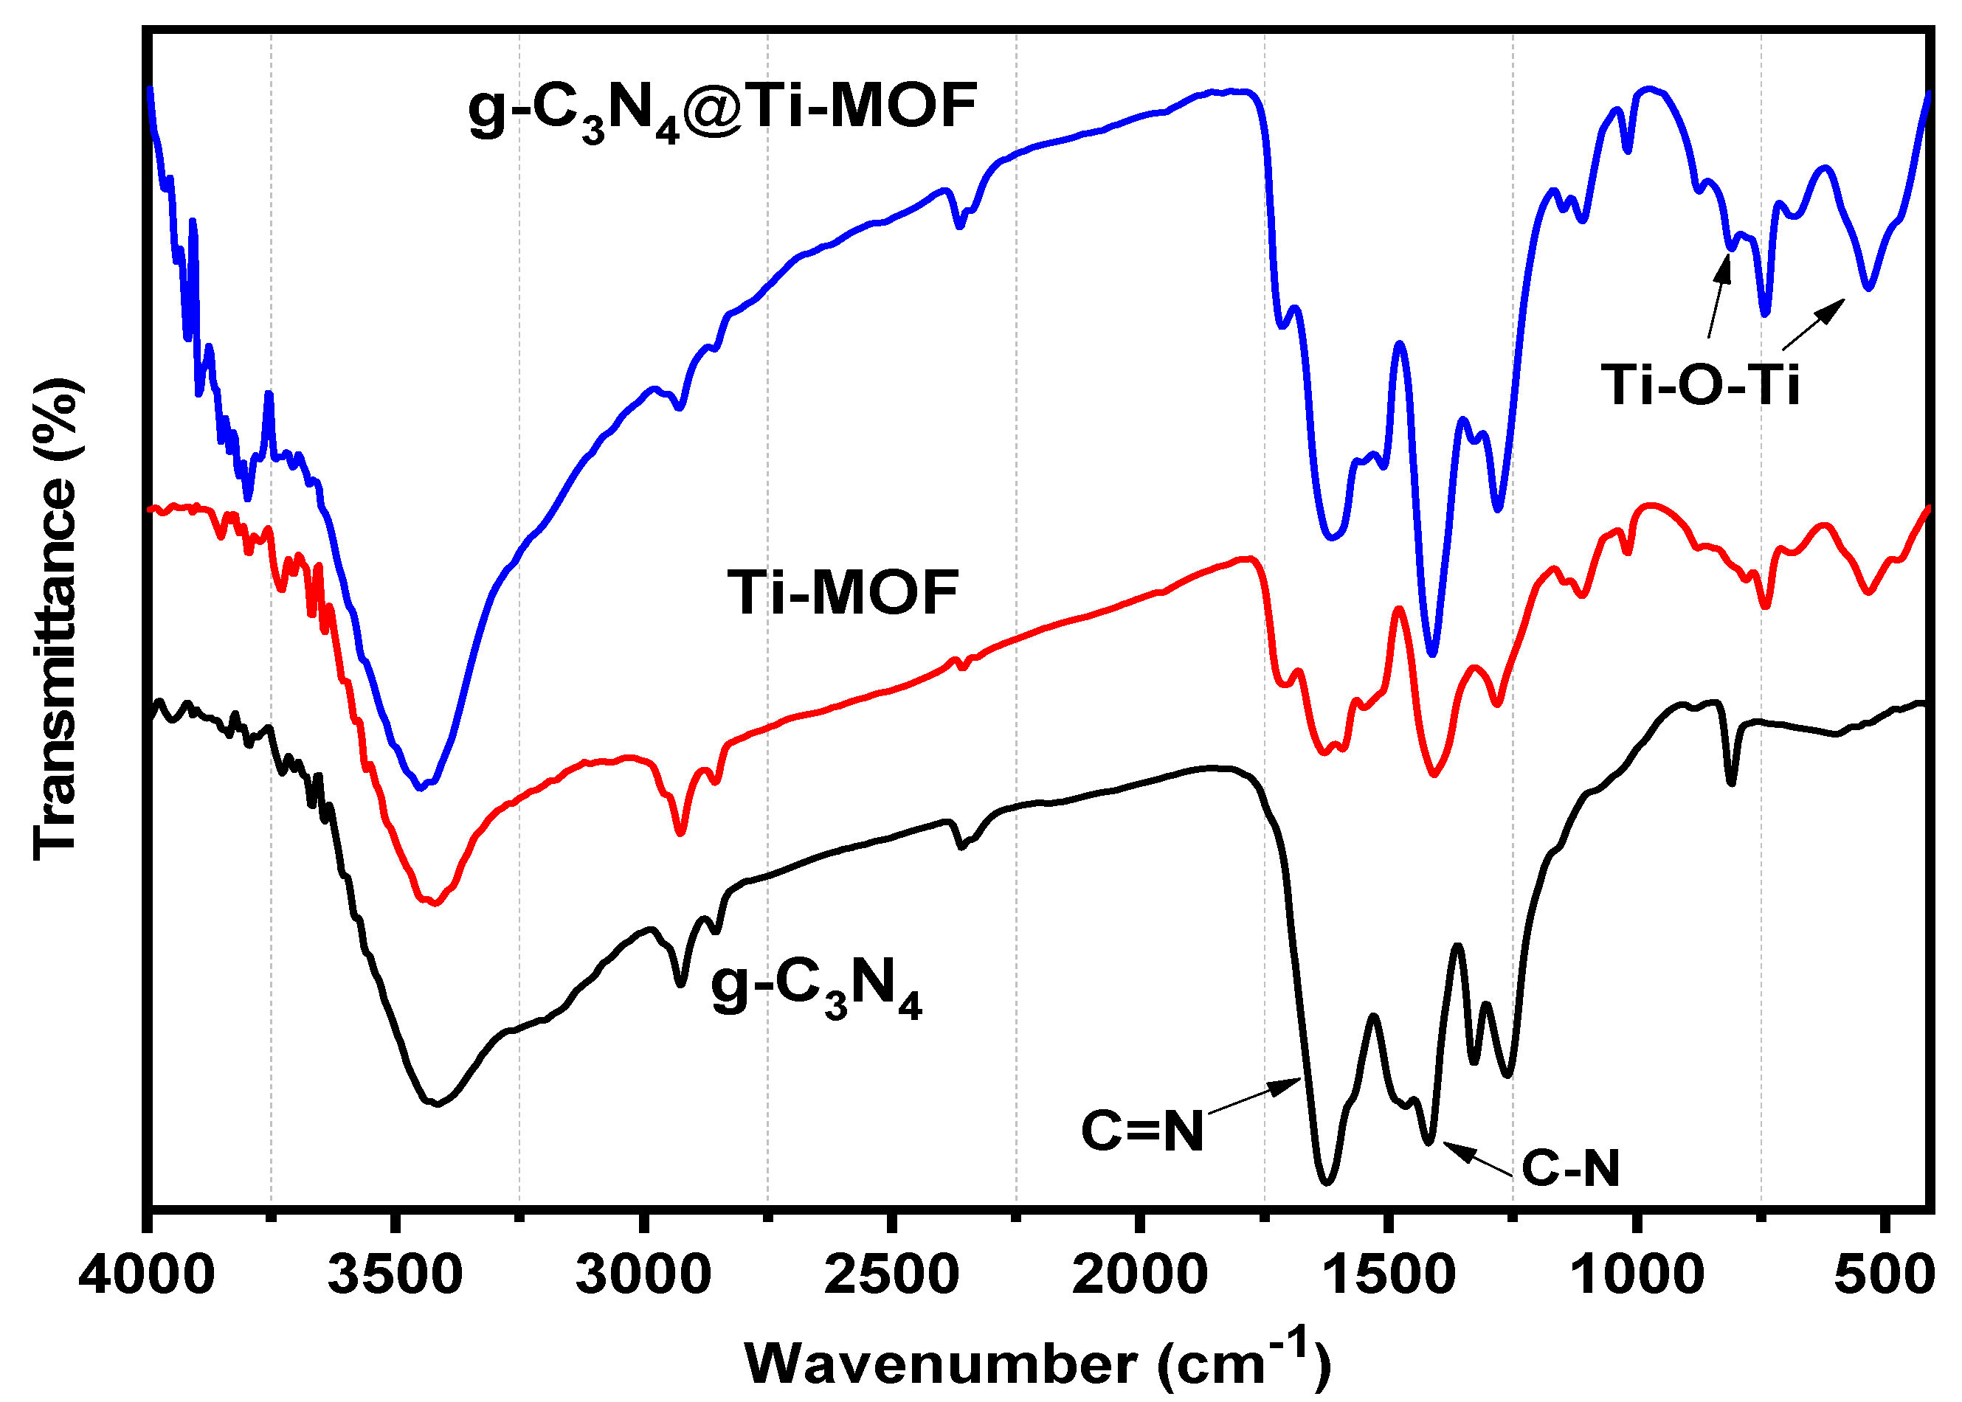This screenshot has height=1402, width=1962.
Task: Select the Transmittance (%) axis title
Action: [x=57, y=618]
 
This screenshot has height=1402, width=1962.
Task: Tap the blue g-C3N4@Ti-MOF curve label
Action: [x=722, y=108]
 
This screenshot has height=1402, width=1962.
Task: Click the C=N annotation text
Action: [x=1141, y=1130]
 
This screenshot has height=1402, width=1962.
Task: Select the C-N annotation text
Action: [x=1570, y=1168]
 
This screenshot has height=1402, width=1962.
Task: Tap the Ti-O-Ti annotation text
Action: [x=1699, y=384]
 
